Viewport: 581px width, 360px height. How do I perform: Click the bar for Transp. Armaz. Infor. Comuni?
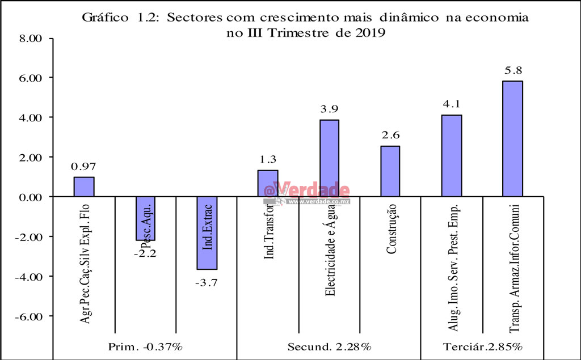click(512, 138)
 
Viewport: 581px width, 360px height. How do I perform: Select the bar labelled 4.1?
click(452, 155)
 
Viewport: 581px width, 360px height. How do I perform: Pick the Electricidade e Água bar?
click(329, 158)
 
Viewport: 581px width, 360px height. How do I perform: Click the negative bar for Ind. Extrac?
click(207, 232)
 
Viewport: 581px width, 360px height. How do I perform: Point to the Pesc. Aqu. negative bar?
click(145, 218)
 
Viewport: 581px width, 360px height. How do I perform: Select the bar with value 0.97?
click(84, 187)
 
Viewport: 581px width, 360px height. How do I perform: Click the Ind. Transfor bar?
click(268, 183)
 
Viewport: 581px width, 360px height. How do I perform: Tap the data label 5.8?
click(512, 71)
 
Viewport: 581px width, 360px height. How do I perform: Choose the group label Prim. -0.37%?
click(146, 345)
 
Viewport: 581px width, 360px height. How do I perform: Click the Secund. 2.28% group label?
click(329, 345)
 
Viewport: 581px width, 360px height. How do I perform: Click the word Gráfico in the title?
click(103, 18)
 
